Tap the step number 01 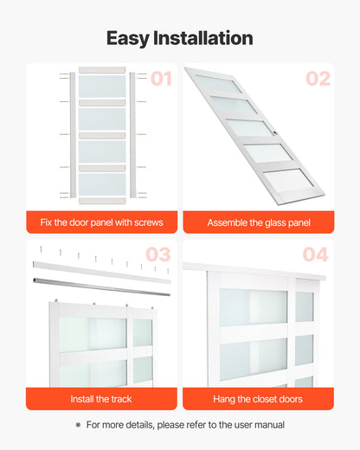(162, 79)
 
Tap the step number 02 (318, 79)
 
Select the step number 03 (158, 254)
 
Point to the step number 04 (316, 254)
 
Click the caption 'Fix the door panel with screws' (102, 222)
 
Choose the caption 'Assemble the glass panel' (258, 222)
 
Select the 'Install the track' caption (102, 399)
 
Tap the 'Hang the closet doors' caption (258, 399)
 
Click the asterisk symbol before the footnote (78, 425)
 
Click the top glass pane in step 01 (102, 87)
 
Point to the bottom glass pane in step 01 (102, 184)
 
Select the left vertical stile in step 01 (73, 135)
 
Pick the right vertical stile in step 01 (132, 135)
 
